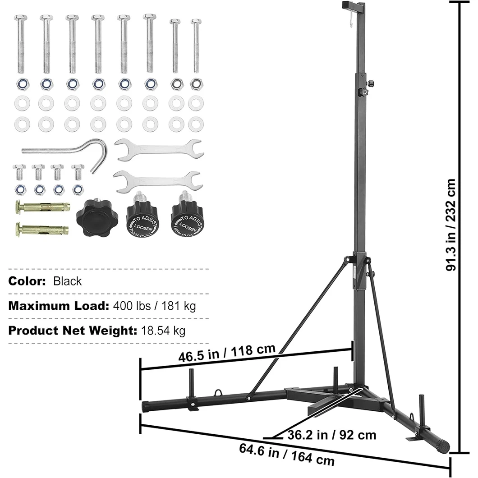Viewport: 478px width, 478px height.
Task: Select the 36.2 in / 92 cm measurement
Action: (x=331, y=435)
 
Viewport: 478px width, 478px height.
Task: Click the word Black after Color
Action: (x=68, y=281)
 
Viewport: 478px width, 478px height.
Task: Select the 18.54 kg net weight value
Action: (x=164, y=331)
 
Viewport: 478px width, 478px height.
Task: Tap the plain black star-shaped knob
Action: (x=95, y=217)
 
